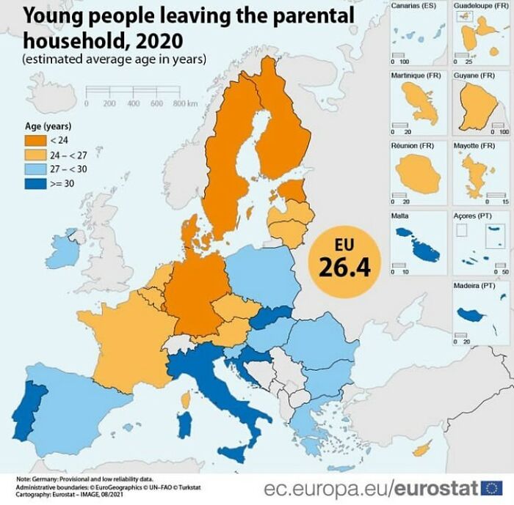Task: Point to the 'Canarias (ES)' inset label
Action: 413,5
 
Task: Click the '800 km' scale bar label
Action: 186,103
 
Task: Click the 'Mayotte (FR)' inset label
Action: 474,146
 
